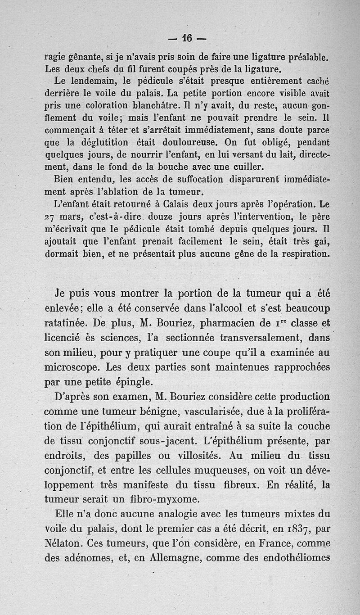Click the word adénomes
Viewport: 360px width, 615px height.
[85, 558]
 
